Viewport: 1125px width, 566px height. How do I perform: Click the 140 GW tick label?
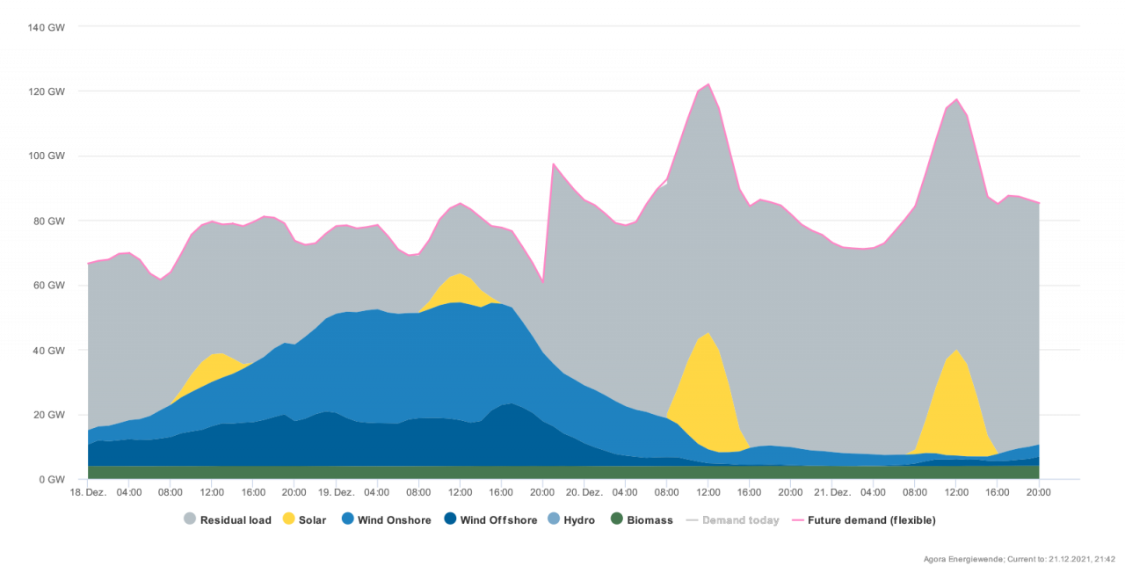tap(47, 27)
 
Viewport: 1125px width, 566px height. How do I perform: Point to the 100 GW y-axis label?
tap(47, 156)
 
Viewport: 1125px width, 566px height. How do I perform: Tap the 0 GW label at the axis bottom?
tap(52, 480)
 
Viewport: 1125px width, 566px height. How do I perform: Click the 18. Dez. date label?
tap(88, 492)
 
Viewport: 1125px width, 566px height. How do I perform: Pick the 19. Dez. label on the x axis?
tap(335, 492)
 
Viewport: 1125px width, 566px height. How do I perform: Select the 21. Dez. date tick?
tap(832, 492)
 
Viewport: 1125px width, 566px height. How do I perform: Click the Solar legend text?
tap(313, 520)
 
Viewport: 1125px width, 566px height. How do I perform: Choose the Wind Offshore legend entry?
tap(498, 520)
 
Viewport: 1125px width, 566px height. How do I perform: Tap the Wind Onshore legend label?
tap(394, 520)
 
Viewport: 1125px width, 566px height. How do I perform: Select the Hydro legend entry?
tap(579, 520)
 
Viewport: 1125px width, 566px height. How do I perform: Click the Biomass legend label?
tap(650, 520)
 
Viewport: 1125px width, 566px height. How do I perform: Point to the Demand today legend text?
tap(740, 520)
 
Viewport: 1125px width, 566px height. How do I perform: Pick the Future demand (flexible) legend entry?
tap(871, 520)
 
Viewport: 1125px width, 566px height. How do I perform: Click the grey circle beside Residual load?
tap(190, 519)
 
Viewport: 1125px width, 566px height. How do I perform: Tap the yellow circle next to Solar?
tap(288, 519)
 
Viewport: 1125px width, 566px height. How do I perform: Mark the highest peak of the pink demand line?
tap(708, 84)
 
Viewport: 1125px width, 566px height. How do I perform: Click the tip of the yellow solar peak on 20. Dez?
tap(708, 333)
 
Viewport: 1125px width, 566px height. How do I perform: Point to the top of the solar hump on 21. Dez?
tap(957, 350)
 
